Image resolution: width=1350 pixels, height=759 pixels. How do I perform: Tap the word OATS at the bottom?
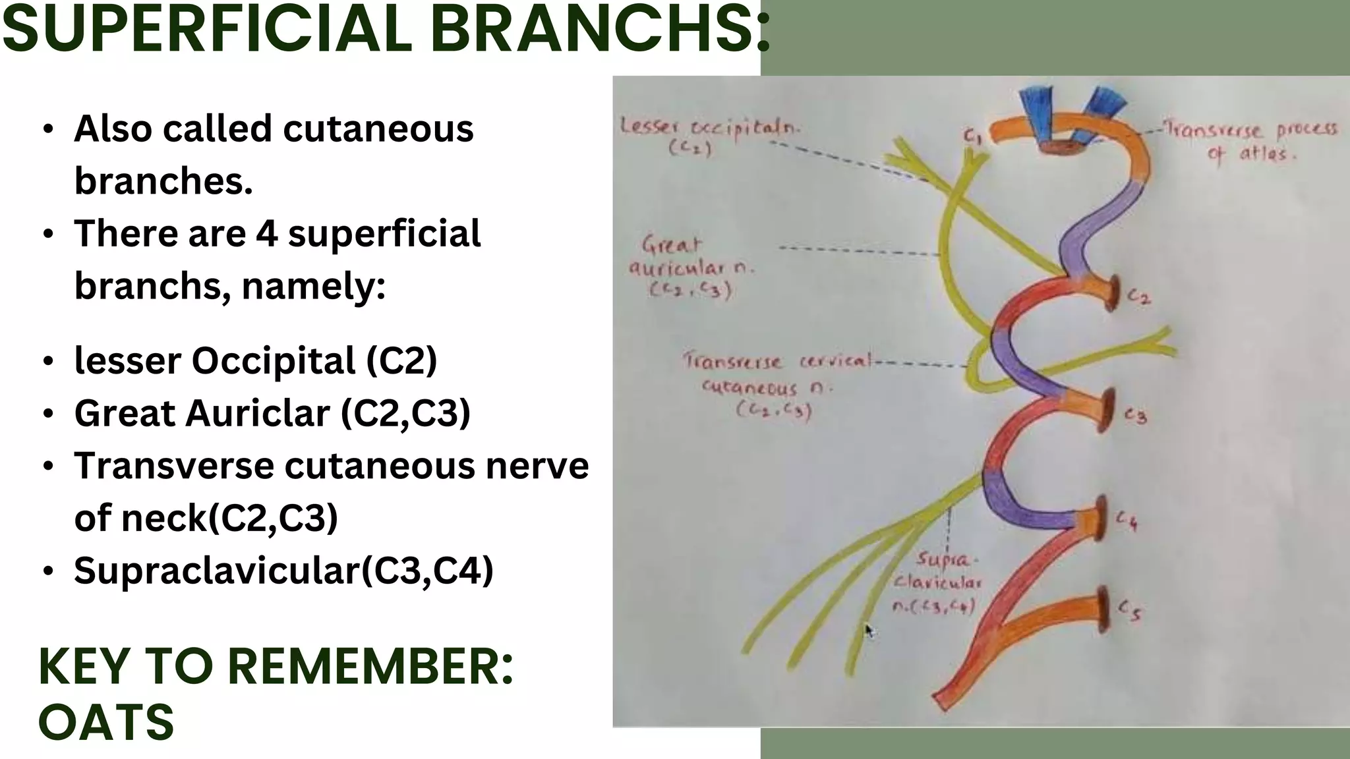[x=106, y=721]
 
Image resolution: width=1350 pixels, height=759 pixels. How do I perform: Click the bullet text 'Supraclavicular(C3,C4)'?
[x=283, y=570]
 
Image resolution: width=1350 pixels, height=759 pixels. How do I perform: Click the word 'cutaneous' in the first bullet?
[x=378, y=128]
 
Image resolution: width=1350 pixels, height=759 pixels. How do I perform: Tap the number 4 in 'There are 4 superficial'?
[x=267, y=233]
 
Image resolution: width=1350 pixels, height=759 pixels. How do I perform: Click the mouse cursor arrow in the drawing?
[x=869, y=631]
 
